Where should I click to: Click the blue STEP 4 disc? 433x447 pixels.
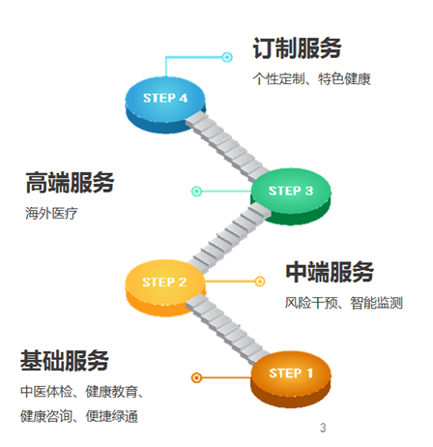pos(165,99)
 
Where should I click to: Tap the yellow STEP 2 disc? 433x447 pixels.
pos(165,283)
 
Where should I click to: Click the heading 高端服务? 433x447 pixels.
pos(70,182)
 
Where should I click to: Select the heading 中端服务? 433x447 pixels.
pos(329,272)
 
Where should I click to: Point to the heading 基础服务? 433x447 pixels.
pos(65,361)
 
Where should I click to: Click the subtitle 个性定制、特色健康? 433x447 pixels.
pos(311,78)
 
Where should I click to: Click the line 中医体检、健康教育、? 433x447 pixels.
pos(82,392)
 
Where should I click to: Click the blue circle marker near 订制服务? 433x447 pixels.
pos(227,58)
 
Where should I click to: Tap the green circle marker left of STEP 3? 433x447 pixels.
pos(197,191)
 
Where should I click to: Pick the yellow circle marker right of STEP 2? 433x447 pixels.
pos(259,282)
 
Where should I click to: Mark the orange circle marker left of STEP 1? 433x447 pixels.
pos(197,377)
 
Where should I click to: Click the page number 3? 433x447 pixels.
pos(323,428)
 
